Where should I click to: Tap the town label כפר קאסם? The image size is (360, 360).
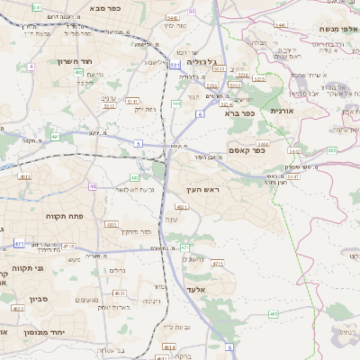pos(246,150)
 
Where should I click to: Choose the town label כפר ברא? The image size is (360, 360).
pos(240,113)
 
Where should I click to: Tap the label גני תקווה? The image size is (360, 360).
pos(14,267)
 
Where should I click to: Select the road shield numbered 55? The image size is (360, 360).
pos(192,11)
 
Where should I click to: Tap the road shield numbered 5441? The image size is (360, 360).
pos(280,24)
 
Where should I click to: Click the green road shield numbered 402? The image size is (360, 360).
pos(55,137)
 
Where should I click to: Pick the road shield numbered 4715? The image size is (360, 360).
pos(68,245)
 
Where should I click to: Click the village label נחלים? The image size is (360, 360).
pos(118,269)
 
